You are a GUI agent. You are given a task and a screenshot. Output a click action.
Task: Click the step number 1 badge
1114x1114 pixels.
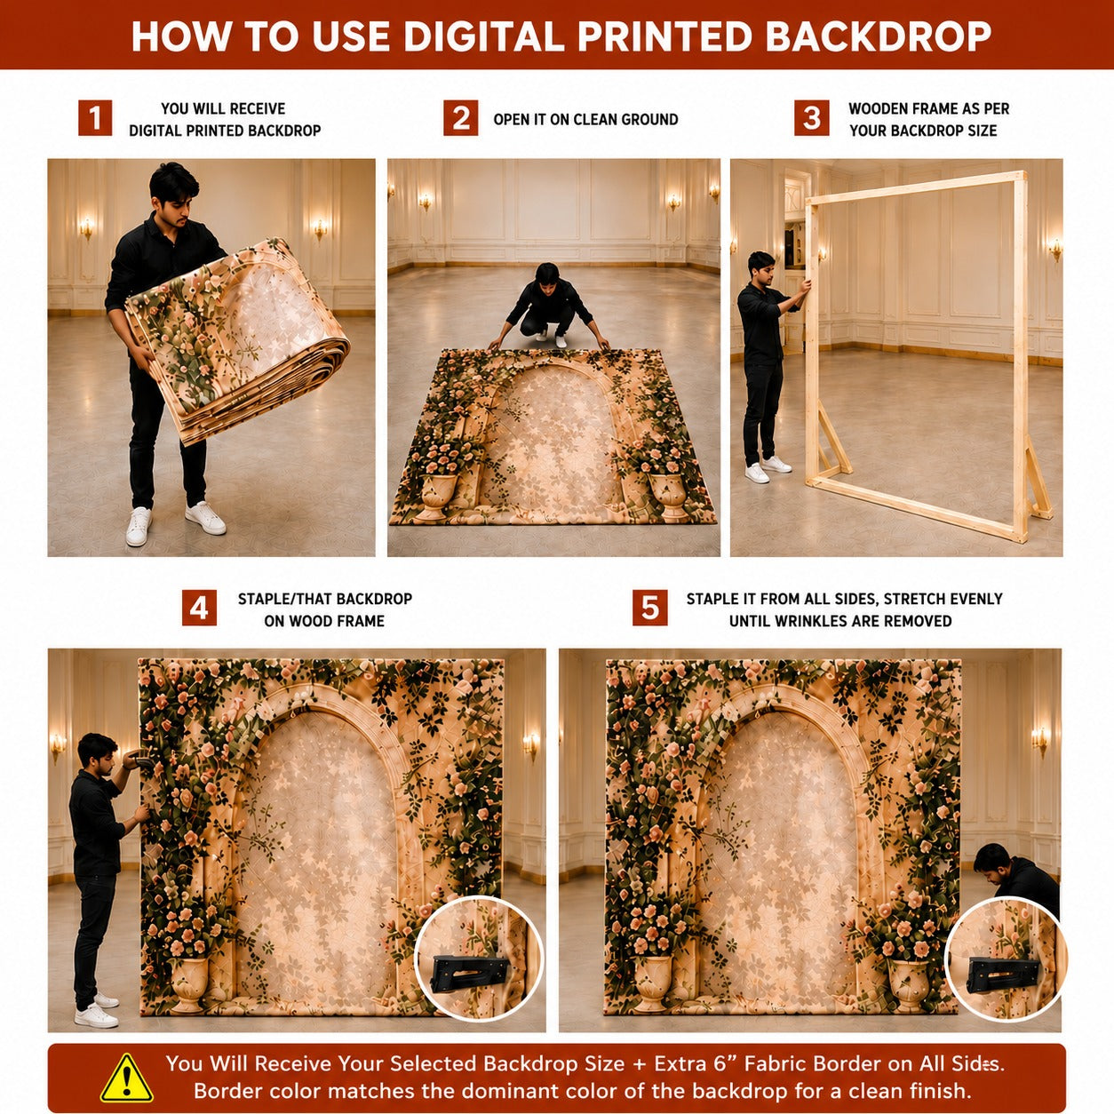tap(95, 118)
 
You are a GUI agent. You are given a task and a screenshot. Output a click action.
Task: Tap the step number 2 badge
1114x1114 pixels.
tap(461, 118)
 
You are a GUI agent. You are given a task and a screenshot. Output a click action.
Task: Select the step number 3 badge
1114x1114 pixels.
tap(811, 118)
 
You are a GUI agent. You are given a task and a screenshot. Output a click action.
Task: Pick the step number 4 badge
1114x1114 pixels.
tap(200, 608)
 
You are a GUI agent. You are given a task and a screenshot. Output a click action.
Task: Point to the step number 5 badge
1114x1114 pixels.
tap(649, 608)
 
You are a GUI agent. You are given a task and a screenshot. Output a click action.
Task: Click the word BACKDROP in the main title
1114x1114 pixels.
tap(879, 36)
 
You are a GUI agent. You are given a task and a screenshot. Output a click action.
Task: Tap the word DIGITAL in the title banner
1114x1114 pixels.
tap(483, 36)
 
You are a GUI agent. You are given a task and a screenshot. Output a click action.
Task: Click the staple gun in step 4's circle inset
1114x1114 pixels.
tap(469, 973)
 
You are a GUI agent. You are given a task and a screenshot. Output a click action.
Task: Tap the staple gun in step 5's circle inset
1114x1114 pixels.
tap(1001, 973)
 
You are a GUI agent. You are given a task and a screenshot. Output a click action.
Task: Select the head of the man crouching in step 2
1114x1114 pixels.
tap(547, 275)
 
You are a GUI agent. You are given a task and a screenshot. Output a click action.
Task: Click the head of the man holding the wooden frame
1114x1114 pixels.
tap(762, 267)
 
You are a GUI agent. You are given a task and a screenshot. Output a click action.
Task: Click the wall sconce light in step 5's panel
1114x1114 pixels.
tap(1040, 741)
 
